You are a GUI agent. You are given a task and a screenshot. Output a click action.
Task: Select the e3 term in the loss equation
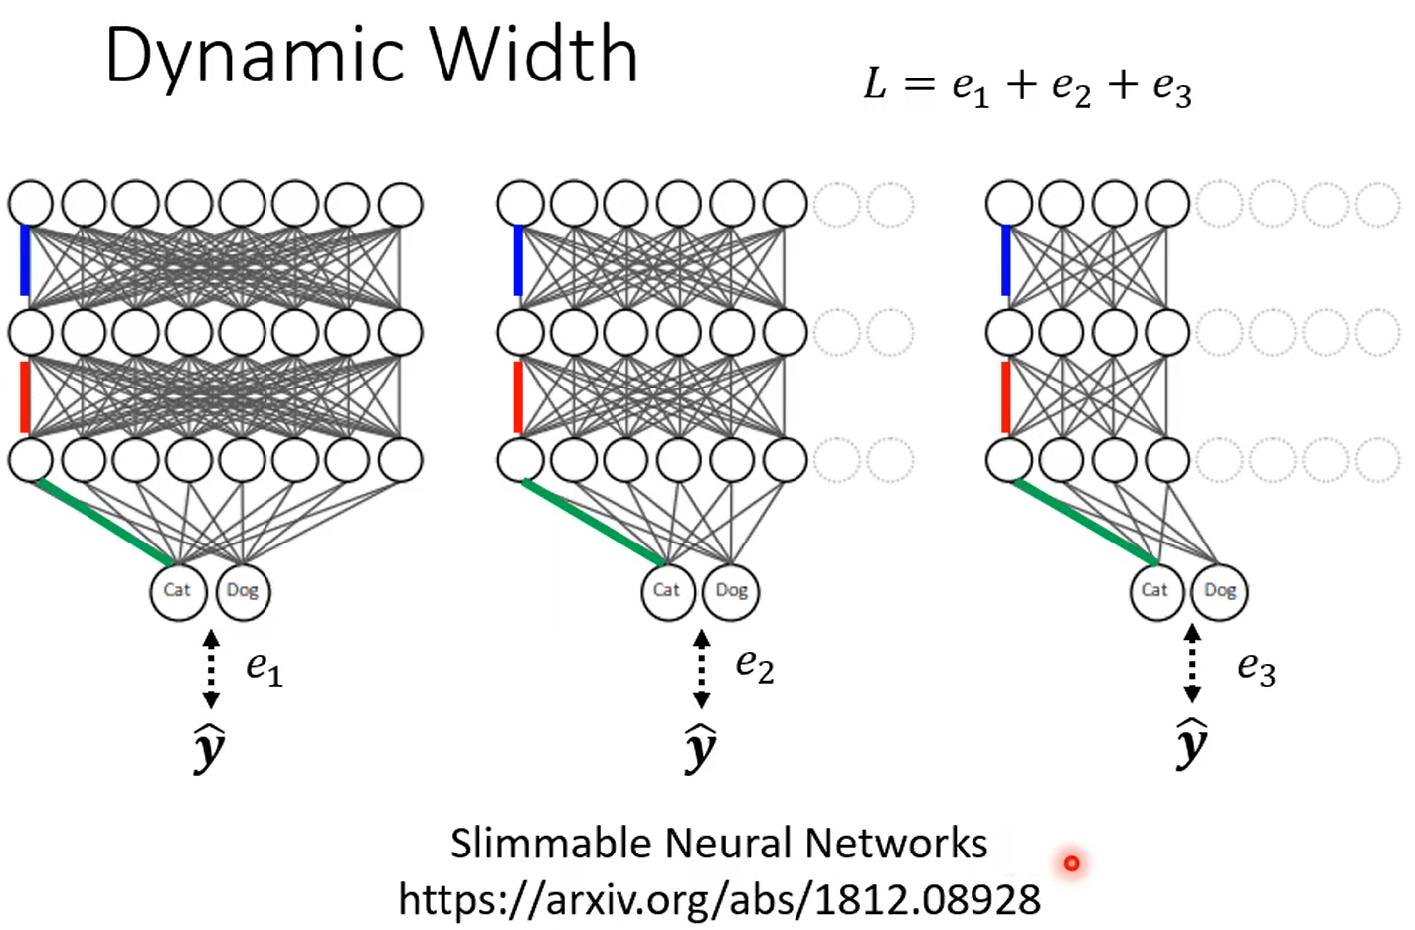pyautogui.click(x=1171, y=87)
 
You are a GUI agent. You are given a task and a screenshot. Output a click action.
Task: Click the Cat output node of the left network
pyautogui.click(x=178, y=590)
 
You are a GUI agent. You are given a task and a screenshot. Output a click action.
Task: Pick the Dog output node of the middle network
pyautogui.click(x=731, y=590)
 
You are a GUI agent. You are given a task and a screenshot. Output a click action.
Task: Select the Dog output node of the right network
pyautogui.click(x=1219, y=590)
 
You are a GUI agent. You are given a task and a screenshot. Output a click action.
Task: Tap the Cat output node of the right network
pyautogui.click(x=1155, y=590)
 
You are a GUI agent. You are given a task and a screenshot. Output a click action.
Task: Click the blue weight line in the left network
pyautogui.click(x=25, y=260)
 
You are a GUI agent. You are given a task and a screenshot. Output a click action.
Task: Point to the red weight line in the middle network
pyautogui.click(x=517, y=397)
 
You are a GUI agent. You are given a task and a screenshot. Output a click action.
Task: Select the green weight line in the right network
pyautogui.click(x=1084, y=522)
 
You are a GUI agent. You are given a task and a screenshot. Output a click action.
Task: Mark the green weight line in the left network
pyautogui.click(x=103, y=522)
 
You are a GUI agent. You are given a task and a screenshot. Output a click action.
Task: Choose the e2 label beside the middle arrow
pyautogui.click(x=755, y=665)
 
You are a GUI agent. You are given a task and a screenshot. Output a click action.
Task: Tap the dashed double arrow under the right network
pyautogui.click(x=1192, y=663)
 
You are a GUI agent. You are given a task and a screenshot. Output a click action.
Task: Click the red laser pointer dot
pyautogui.click(x=1072, y=863)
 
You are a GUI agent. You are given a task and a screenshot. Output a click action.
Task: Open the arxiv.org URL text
pyautogui.click(x=719, y=900)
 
